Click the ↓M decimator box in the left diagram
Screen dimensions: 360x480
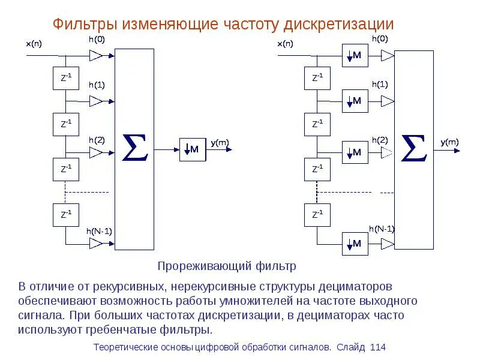(192, 149)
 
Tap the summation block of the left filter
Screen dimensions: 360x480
(134, 149)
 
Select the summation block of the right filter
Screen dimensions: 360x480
(414, 149)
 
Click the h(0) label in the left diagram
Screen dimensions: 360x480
(96, 40)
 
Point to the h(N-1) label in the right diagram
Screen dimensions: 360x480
(382, 229)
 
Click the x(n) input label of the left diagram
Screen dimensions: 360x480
(34, 44)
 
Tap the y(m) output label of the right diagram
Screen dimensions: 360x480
(449, 142)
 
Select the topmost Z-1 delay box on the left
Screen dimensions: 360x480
(66, 78)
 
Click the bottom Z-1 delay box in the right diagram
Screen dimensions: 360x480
(317, 214)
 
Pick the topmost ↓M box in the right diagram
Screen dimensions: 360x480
(355, 56)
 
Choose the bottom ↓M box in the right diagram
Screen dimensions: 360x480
(355, 244)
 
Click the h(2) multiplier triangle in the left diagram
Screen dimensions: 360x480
(96, 153)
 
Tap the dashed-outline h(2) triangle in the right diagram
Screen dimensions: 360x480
(387, 153)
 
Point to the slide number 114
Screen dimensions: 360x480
(378, 347)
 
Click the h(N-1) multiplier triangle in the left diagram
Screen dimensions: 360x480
(96, 243)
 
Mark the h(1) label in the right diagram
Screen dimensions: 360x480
(379, 85)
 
